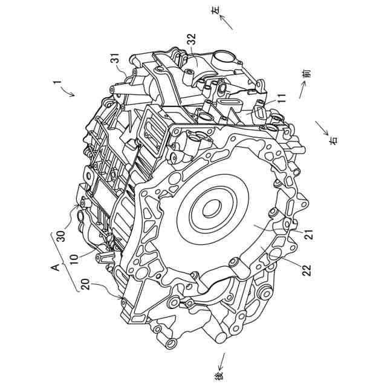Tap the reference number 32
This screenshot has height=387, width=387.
point(191,39)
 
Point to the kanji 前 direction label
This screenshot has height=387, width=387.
point(307,74)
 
